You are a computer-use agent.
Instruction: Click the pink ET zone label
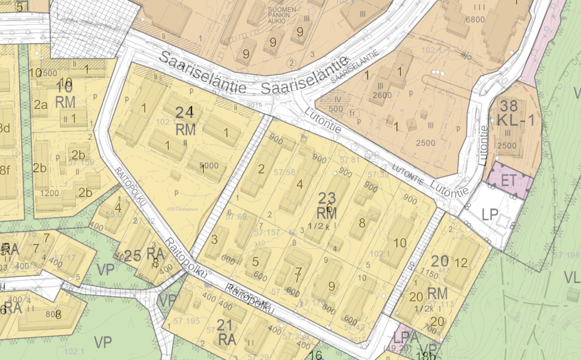click(x=508, y=180)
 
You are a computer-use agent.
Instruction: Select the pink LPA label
click(x=405, y=338)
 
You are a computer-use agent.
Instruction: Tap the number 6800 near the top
click(x=474, y=19)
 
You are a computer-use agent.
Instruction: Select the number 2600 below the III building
click(x=382, y=96)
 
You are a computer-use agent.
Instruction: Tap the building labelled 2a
click(x=40, y=106)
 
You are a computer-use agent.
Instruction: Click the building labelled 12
click(x=461, y=262)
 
